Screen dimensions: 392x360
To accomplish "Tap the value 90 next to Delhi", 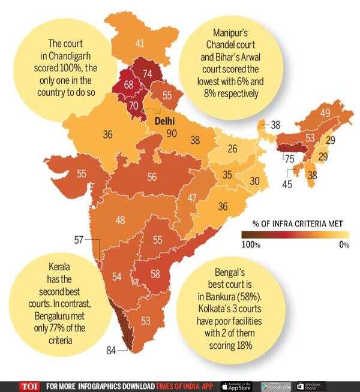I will tap(172, 133).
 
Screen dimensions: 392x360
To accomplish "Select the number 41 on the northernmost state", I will tap(140, 43).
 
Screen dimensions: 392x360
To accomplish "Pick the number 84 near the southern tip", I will tap(127, 351).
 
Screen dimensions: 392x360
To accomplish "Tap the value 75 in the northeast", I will tap(289, 159).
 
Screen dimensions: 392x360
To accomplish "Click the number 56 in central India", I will tap(152, 177).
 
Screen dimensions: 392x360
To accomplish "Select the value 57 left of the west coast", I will tap(78, 240).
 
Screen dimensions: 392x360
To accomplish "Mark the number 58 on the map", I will tap(155, 274).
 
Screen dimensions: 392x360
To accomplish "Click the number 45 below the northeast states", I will tap(287, 185).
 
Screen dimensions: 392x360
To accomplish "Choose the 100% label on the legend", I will tap(251, 245).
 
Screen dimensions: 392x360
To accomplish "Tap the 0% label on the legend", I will tap(344, 245).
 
